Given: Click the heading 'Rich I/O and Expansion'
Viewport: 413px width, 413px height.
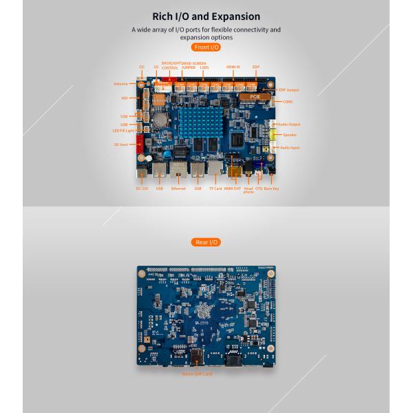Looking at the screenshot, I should [x=206, y=16].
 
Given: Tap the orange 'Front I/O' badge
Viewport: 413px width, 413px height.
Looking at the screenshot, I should [x=206, y=47].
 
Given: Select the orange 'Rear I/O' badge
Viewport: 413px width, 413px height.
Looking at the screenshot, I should [x=206, y=242].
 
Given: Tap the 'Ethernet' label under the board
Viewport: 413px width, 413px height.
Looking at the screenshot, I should [x=178, y=188].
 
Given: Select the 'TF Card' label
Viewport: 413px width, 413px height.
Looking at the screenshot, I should [x=215, y=188].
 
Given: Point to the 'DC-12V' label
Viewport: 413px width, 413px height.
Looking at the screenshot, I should [x=142, y=188].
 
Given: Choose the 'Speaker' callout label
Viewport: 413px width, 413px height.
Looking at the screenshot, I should [x=290, y=135].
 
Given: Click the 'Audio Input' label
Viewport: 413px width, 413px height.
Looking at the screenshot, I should [x=290, y=147].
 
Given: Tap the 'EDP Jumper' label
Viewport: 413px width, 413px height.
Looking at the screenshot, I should [x=288, y=89].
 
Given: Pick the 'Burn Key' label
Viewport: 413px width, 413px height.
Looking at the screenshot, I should [x=271, y=188].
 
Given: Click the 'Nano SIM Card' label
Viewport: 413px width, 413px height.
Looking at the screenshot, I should [x=197, y=374].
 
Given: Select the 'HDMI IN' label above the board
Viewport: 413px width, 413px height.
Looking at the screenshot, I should [x=233, y=67].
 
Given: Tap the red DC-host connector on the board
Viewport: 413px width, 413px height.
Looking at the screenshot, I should [x=141, y=143].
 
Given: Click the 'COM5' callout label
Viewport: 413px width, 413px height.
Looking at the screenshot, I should [x=288, y=101].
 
